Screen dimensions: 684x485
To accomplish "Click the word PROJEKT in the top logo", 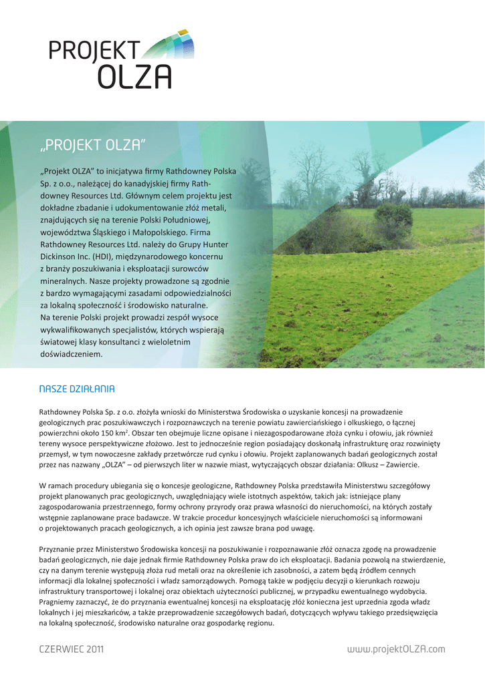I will click(94, 50).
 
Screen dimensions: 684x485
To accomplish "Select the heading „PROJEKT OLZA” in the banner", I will click(92, 145).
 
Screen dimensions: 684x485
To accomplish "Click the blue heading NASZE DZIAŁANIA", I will click(77, 389).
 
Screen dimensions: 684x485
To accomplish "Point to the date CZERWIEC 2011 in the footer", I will click(72, 649).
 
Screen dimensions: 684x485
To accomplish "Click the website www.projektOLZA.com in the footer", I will click(397, 649).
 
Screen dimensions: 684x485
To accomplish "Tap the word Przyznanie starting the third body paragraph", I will click(60, 548).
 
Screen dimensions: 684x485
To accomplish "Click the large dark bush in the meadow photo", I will click(393, 220).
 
